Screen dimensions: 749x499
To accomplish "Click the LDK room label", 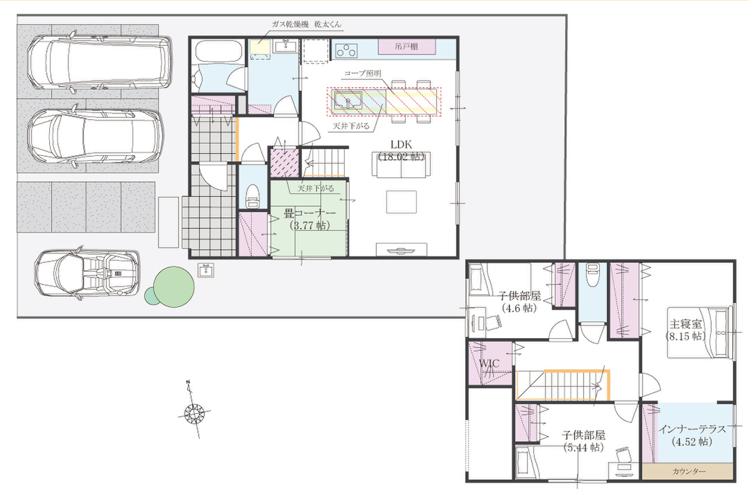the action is (401, 145).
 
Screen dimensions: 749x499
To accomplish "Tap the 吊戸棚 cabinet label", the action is (406, 46).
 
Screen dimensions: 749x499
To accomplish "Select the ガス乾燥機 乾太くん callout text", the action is (306, 24).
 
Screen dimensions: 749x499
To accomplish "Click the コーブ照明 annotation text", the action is (363, 74).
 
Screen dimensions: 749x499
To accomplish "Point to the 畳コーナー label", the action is (310, 213).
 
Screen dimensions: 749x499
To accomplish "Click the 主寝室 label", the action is (685, 324).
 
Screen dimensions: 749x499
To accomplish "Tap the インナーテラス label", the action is (692, 429).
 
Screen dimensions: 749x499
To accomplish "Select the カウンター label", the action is (689, 472).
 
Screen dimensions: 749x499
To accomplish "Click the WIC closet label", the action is (489, 363).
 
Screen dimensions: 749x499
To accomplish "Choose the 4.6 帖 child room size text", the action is (519, 308).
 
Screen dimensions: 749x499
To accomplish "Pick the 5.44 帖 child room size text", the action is (584, 447).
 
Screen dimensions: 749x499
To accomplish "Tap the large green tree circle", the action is (174, 287).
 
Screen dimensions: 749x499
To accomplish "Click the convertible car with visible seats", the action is (87, 273).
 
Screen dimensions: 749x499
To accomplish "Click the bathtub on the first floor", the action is (218, 52).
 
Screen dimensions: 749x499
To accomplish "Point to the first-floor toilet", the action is (252, 196).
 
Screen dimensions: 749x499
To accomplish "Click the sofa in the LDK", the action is (401, 165).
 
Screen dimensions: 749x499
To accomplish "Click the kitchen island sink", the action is (347, 100).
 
